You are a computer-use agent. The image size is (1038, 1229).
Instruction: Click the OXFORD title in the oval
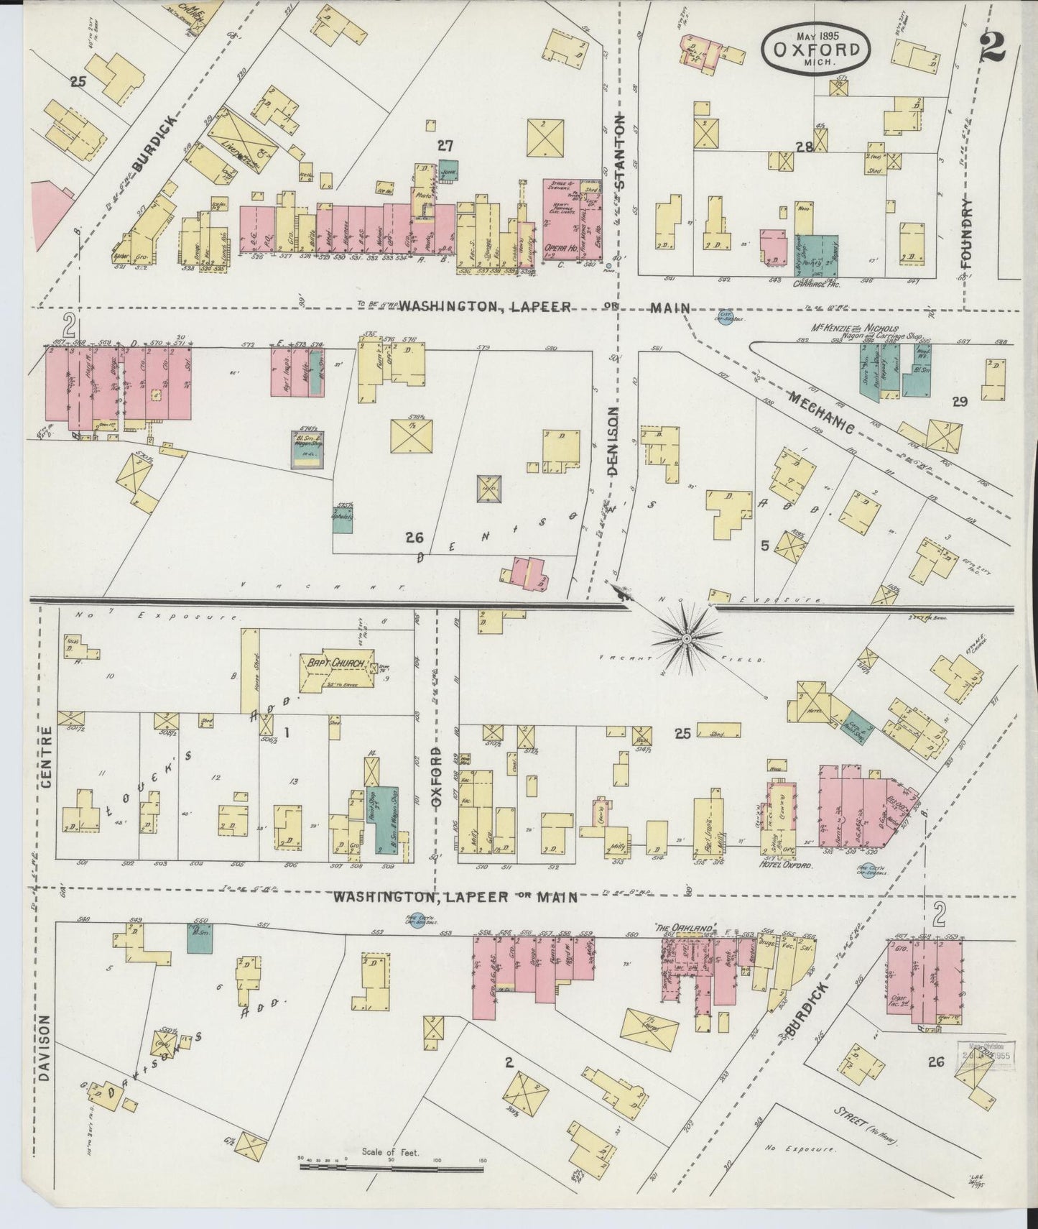point(817,50)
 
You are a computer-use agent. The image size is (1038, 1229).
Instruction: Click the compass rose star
point(686,637)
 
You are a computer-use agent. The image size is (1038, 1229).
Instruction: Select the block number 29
point(959,402)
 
